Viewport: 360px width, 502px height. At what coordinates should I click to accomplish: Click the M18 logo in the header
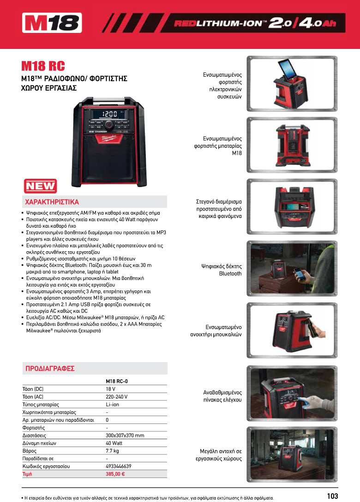[x=52, y=23]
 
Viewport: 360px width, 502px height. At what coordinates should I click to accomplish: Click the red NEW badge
[x=40, y=186]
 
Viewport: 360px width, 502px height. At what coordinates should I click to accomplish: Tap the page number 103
[x=332, y=496]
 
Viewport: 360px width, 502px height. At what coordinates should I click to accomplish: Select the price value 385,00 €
[x=115, y=474]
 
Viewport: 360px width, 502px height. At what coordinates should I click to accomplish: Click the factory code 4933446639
[x=118, y=466]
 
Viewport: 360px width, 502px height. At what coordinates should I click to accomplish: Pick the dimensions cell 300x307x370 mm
[x=125, y=435]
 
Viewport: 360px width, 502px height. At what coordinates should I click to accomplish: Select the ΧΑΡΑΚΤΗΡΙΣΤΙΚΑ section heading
[x=52, y=202]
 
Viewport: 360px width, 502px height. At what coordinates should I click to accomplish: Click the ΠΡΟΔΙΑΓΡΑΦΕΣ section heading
[x=49, y=369]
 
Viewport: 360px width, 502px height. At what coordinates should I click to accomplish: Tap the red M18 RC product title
[x=43, y=66]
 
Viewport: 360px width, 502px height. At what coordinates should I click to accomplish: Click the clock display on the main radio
[x=109, y=114]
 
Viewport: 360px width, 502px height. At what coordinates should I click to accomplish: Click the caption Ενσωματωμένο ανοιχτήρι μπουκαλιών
[x=216, y=331]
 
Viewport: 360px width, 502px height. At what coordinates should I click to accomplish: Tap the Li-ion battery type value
[x=112, y=404]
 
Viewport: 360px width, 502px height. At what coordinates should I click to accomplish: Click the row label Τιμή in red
[x=27, y=474]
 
